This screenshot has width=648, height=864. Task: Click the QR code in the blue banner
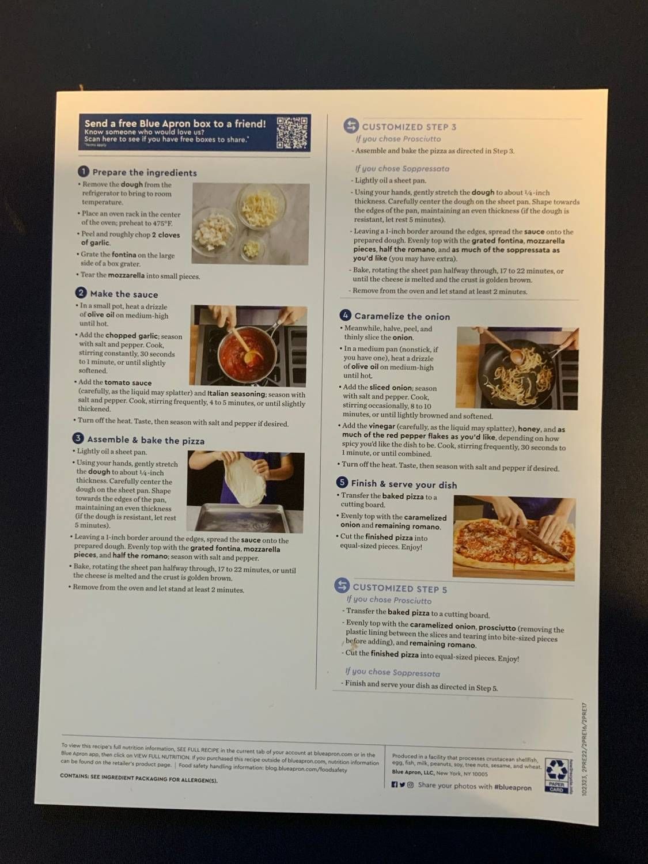(293, 132)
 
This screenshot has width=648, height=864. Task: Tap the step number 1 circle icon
(84, 172)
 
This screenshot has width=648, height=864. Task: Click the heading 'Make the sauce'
(123, 294)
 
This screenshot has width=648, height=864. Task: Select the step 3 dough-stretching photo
(245, 491)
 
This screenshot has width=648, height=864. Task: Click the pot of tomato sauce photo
(249, 345)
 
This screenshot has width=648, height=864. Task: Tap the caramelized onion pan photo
(517, 367)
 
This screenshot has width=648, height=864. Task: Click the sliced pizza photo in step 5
(514, 537)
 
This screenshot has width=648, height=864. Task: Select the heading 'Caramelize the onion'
(401, 316)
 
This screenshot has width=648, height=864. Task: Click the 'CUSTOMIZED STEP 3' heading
(408, 127)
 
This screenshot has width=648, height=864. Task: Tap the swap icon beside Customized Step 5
(342, 586)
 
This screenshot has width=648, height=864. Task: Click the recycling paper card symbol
(556, 775)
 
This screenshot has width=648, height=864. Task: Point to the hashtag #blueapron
(512, 786)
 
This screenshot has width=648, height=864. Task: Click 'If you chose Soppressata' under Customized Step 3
(401, 169)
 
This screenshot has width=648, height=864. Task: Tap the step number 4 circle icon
(345, 315)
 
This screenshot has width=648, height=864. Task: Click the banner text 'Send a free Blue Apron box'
(175, 123)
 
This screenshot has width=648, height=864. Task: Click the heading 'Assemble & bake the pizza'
(145, 441)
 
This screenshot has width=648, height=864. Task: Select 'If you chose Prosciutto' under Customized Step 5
(389, 600)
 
